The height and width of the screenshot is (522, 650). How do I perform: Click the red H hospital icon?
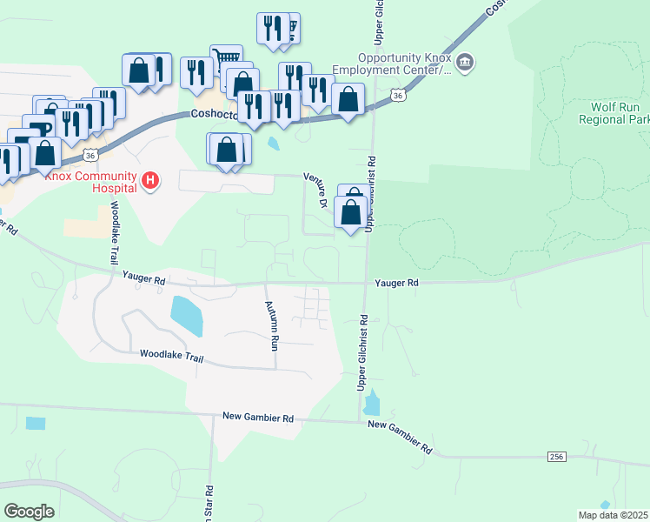click(x=151, y=181)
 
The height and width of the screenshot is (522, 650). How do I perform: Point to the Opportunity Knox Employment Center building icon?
click(x=466, y=62)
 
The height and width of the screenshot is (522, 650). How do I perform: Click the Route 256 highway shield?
click(x=557, y=457)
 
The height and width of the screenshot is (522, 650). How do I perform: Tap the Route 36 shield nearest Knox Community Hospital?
click(x=90, y=155)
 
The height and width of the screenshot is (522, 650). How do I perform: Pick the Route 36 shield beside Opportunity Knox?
click(x=397, y=96)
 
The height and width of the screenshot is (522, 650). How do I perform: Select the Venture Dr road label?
click(x=315, y=190)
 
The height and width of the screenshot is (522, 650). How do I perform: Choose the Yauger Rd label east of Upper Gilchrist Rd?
click(x=396, y=283)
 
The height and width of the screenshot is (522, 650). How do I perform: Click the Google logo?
click(x=29, y=512)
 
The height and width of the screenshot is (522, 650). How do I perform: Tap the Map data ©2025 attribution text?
click(x=613, y=515)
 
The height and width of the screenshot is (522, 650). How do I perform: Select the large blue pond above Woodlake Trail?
click(x=187, y=316)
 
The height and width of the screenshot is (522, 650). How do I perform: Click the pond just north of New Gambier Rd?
click(x=372, y=403)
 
